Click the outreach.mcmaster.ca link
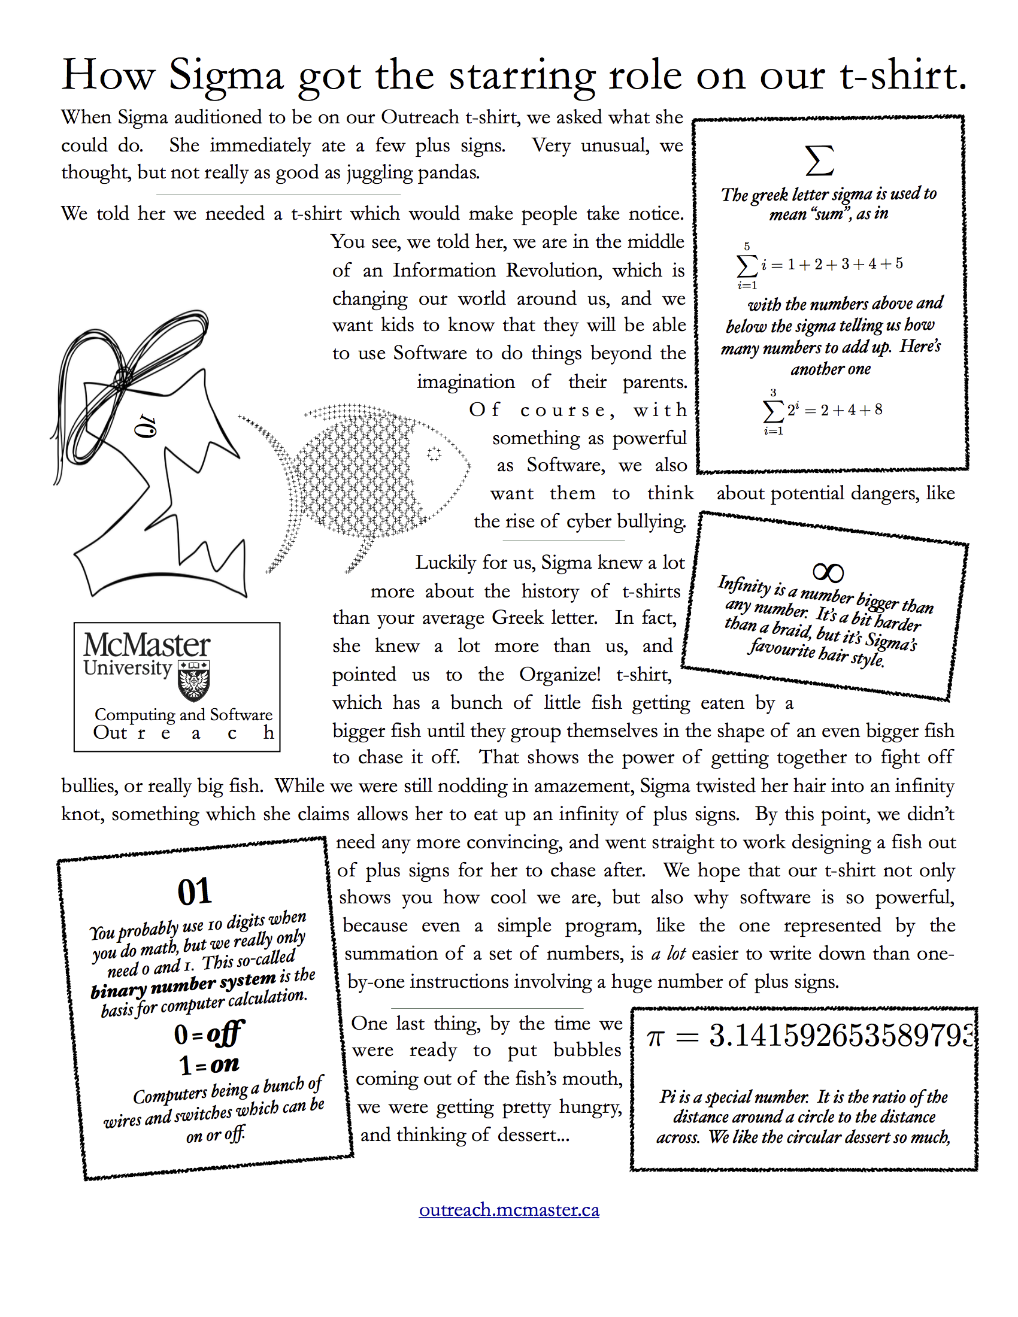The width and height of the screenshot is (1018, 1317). [509, 1210]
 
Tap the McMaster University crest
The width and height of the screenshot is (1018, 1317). [194, 681]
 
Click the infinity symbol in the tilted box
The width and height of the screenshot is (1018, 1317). [828, 572]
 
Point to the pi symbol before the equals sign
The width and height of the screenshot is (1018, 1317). [655, 1038]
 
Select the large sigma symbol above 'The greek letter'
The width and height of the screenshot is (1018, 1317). [820, 160]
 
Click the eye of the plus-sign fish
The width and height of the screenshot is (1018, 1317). [434, 454]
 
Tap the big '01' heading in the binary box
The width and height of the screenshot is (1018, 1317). [194, 892]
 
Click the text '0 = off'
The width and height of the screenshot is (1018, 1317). [208, 1034]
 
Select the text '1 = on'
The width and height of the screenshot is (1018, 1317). [208, 1064]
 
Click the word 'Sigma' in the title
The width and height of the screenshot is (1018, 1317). [226, 76]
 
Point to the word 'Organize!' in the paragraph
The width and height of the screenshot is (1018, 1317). [560, 674]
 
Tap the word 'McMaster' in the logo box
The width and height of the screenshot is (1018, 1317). [147, 645]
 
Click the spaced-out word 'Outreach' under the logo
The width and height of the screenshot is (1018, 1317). [183, 733]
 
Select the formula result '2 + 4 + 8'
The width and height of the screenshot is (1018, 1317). [851, 411]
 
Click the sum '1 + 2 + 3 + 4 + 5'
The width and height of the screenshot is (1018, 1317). [844, 264]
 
